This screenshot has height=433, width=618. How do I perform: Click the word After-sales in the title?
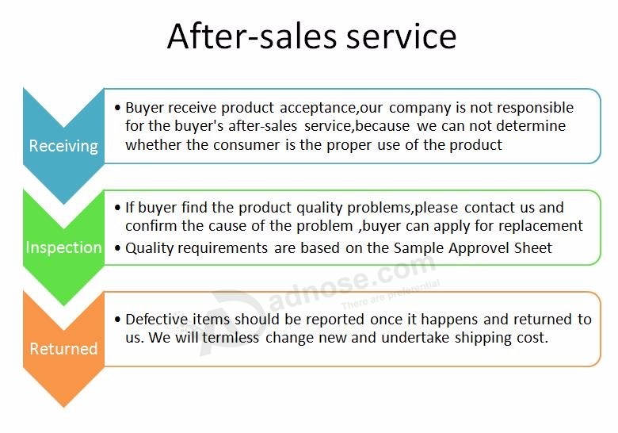click(252, 36)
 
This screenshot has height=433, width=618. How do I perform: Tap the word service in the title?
click(401, 36)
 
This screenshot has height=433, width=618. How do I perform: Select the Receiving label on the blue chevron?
click(63, 146)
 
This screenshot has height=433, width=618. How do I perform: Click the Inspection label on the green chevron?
click(64, 247)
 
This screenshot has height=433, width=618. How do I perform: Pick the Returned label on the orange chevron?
click(63, 349)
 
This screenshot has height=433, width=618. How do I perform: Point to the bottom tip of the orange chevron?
click(64, 407)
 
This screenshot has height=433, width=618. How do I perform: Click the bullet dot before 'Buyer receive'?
click(117, 108)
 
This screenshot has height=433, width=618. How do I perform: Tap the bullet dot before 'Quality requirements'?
click(117, 248)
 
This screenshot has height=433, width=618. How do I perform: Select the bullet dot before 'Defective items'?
click(117, 319)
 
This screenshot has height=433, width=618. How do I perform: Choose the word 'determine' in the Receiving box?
click(531, 126)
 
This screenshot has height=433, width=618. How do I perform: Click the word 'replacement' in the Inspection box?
click(540, 226)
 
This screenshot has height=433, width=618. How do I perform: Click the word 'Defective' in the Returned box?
click(156, 319)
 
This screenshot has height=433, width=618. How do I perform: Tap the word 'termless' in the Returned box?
click(231, 338)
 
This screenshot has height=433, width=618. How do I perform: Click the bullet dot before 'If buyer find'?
click(117, 208)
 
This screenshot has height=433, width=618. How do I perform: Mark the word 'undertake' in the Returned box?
click(415, 338)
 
